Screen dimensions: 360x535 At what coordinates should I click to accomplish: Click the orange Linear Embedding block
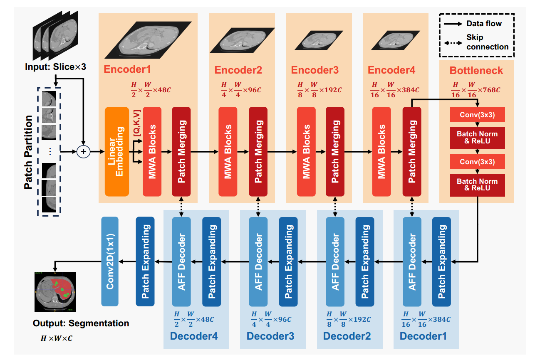click(x=117, y=151)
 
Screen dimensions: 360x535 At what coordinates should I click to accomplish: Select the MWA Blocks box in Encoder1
click(x=152, y=151)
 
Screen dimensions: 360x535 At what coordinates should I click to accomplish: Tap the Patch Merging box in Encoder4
click(x=411, y=151)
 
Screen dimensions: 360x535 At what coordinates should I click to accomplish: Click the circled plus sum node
click(x=84, y=152)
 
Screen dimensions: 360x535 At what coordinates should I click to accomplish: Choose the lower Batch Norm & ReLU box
click(x=477, y=185)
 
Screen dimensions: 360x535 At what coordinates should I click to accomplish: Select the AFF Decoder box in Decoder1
click(x=412, y=261)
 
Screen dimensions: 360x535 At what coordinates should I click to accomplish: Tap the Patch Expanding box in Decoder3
click(x=288, y=261)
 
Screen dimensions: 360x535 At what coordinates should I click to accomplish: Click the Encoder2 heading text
click(x=238, y=70)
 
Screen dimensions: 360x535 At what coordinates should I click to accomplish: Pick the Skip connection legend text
click(x=487, y=42)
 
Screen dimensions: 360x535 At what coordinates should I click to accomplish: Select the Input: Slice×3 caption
click(x=55, y=67)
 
